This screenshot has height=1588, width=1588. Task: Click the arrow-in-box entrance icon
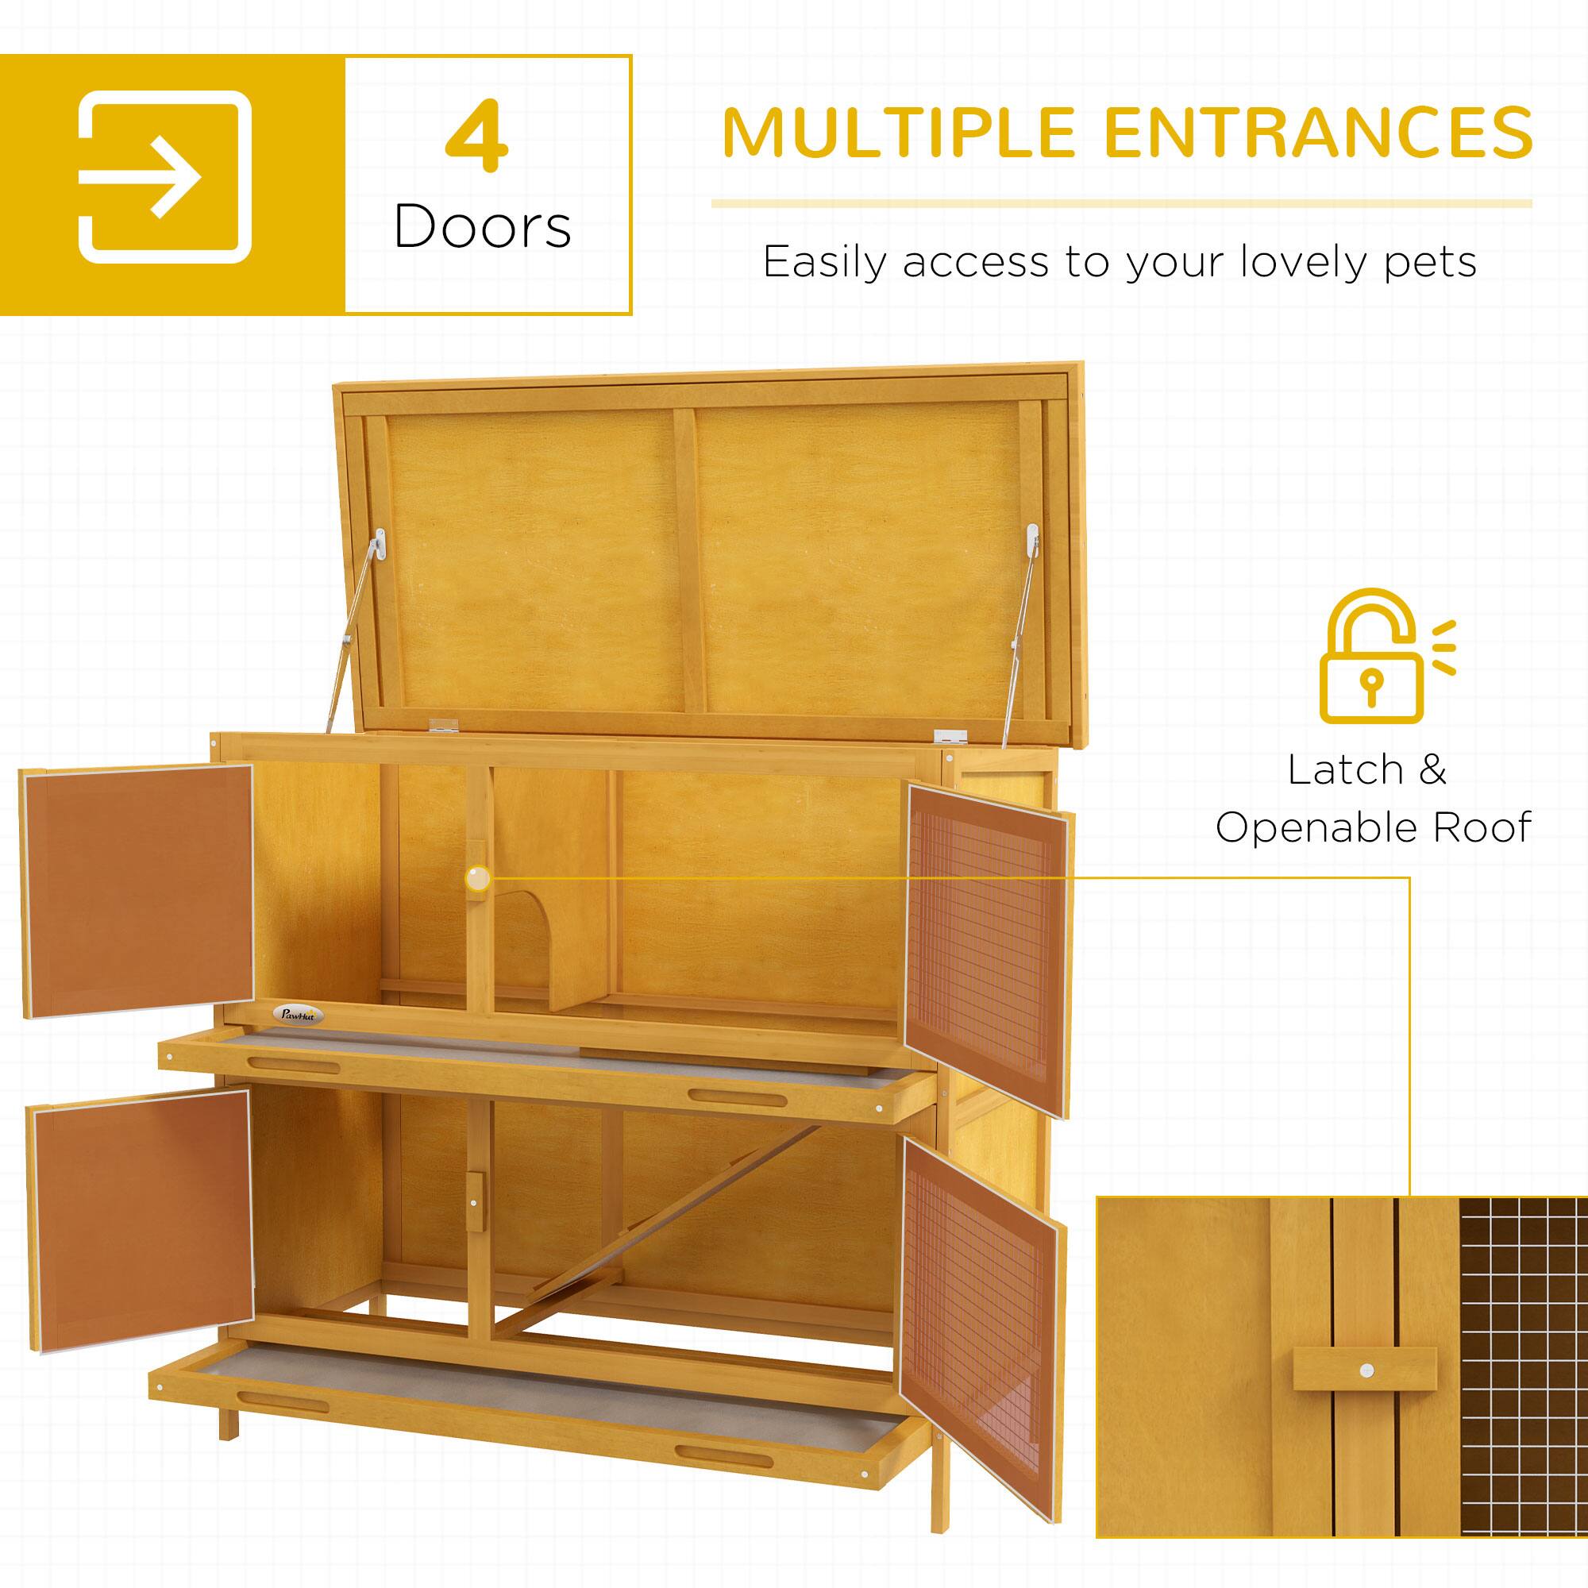tap(164, 177)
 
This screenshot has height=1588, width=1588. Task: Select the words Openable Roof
tap(1374, 827)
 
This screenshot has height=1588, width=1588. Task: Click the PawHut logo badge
tap(302, 1016)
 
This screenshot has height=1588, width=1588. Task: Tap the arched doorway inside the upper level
tap(530, 937)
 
